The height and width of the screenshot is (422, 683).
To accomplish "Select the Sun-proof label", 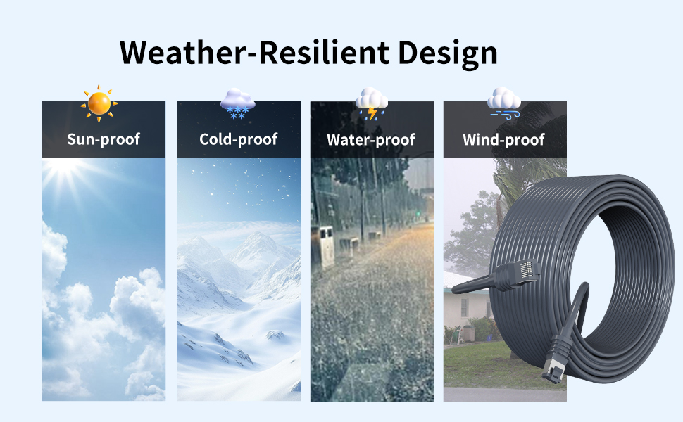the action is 104,139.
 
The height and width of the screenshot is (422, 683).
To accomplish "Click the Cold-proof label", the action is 238,139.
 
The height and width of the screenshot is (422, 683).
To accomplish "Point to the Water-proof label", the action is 371,140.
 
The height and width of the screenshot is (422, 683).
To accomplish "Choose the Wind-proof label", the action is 503,140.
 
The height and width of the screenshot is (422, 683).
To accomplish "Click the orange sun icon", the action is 99,103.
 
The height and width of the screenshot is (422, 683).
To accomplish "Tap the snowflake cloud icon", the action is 237,103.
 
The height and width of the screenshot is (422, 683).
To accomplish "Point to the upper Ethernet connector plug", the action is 517,274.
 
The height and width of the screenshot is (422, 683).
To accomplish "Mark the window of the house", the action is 465,308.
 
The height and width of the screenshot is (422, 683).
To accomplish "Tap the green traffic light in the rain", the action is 418,214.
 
